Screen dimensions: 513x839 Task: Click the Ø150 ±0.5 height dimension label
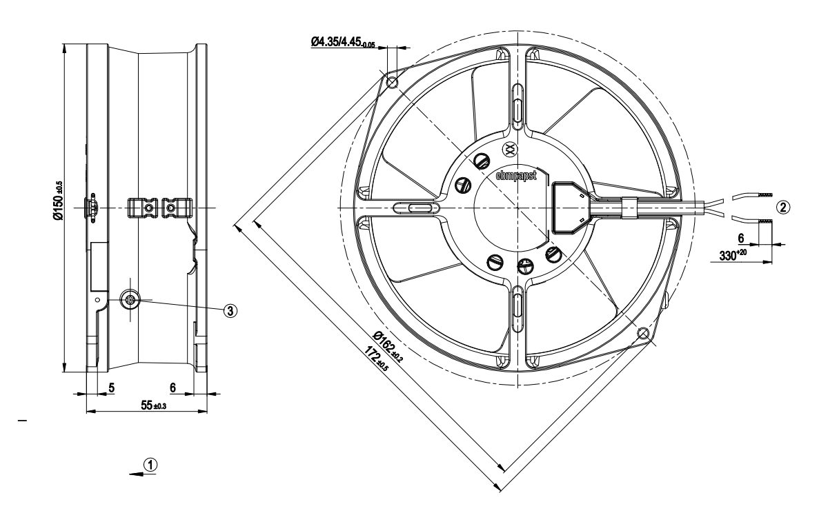[59, 201]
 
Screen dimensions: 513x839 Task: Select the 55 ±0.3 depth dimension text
[147, 405]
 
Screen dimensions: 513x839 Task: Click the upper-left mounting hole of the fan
[393, 84]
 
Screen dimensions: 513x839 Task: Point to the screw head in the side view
[130, 299]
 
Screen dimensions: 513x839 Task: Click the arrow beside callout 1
[134, 473]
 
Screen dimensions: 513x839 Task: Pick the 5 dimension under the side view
[111, 388]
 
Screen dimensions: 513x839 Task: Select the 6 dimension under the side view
[172, 388]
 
